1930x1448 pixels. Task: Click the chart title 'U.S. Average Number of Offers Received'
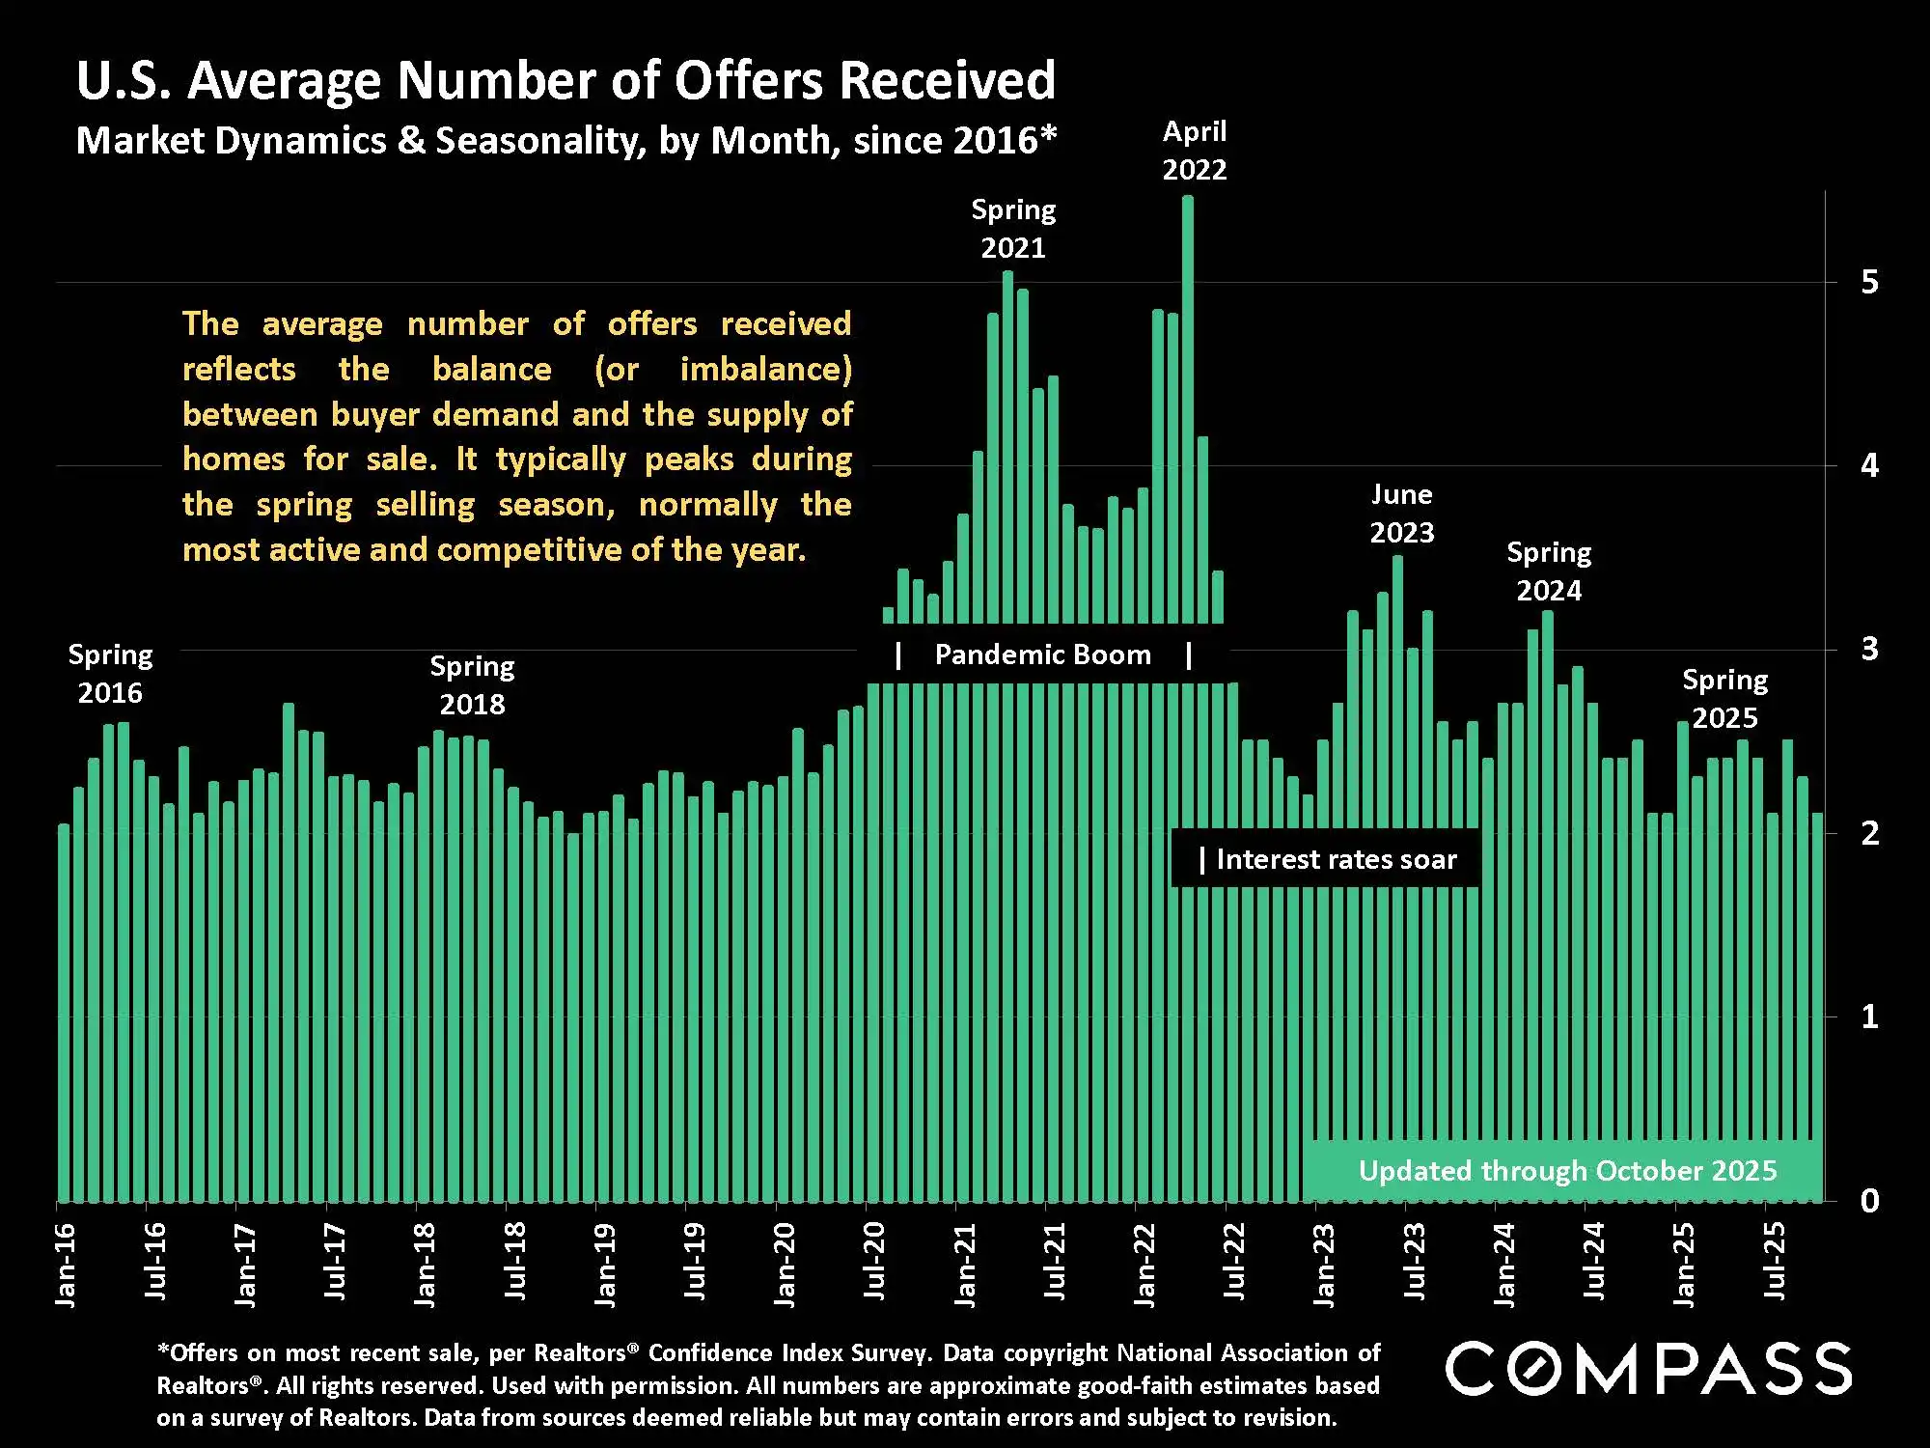[x=565, y=80]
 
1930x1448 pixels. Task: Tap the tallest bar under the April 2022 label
[x=1188, y=405]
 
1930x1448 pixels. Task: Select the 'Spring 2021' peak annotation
[x=1013, y=229]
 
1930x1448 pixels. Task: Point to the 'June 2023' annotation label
[x=1402, y=514]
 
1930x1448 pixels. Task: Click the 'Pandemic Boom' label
[x=1042, y=655]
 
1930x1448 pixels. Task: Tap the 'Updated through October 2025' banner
[x=1567, y=1171]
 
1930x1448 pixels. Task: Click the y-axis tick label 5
[x=1869, y=282]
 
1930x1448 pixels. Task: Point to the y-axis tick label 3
[x=1869, y=649]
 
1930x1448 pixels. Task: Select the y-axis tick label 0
[x=1869, y=1201]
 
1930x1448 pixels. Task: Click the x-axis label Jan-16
[x=66, y=1265]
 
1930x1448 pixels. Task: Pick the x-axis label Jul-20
[x=874, y=1261]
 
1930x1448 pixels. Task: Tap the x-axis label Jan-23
[x=1324, y=1265]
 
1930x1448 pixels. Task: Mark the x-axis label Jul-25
[x=1774, y=1261]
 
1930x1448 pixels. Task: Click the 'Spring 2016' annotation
[x=110, y=674]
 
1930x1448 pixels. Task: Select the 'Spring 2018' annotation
[x=472, y=685]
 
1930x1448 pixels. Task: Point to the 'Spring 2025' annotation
[x=1725, y=699]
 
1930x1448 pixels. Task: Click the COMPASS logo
[x=1648, y=1369]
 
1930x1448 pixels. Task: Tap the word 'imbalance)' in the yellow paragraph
[x=765, y=369]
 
